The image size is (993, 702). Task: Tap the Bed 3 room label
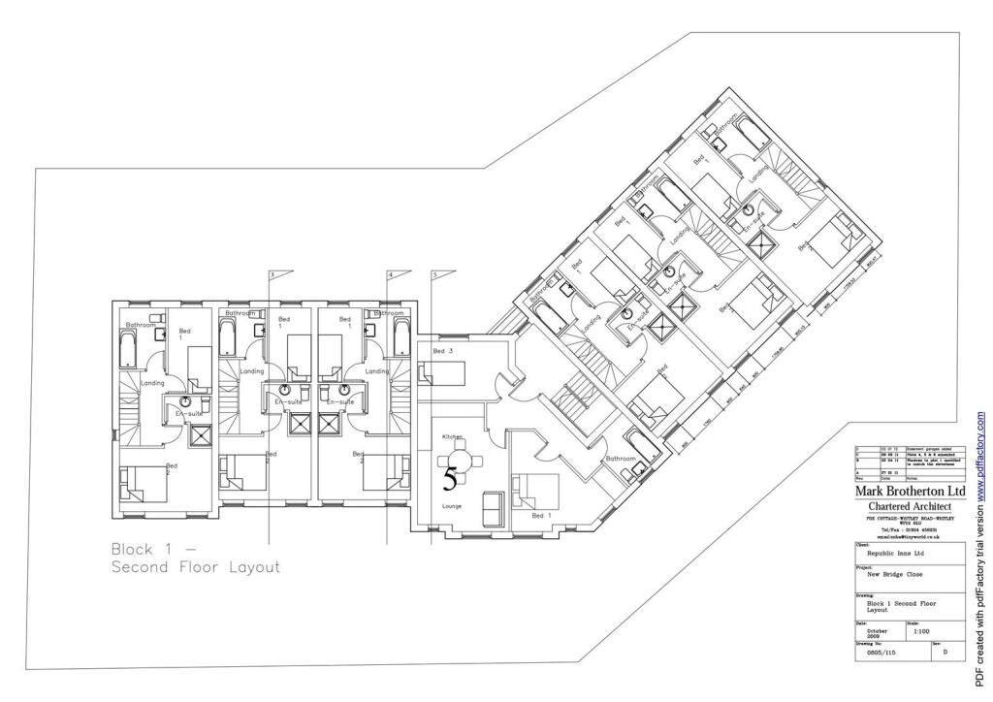(x=442, y=351)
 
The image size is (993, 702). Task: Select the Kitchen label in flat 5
(x=452, y=437)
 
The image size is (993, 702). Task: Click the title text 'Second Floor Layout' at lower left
(x=195, y=567)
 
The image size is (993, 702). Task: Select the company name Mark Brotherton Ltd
(x=910, y=491)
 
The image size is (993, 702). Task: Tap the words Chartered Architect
(x=910, y=507)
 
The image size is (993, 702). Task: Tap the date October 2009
(x=879, y=631)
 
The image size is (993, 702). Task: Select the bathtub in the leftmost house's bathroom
(x=127, y=349)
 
